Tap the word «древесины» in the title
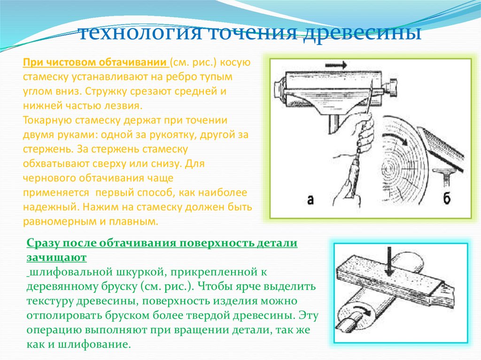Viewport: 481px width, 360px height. click(362, 33)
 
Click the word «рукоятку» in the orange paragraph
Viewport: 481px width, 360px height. click(170, 135)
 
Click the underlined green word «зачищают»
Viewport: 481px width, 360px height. click(56, 258)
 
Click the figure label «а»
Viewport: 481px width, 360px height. click(310, 200)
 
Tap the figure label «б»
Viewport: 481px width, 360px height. click(447, 198)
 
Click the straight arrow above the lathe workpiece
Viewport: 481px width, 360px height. click(336, 65)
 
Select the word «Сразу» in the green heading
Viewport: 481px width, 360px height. click(43, 244)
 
